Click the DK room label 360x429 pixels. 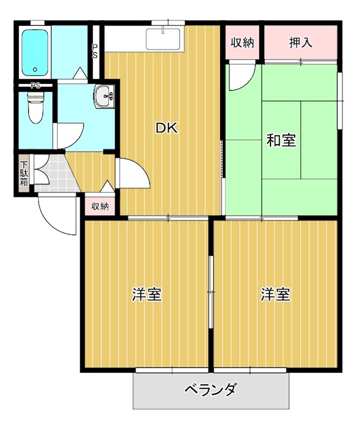pyautogui.click(x=166, y=128)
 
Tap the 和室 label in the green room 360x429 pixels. pyautogui.click(x=281, y=140)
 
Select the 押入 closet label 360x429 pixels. pyautogui.click(x=301, y=43)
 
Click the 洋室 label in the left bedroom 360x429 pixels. pyautogui.click(x=147, y=294)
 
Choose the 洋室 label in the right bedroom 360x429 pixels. pyautogui.click(x=276, y=294)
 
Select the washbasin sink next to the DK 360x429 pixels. pyautogui.click(x=103, y=97)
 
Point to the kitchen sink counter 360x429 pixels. pyautogui.click(x=164, y=39)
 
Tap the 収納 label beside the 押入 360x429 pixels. pyautogui.click(x=242, y=43)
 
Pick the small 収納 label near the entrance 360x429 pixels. pyautogui.click(x=100, y=206)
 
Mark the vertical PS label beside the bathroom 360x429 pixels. pyautogui.click(x=95, y=51)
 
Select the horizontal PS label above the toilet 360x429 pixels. pyautogui.click(x=35, y=85)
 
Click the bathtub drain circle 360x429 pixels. pyautogui.click(x=35, y=69)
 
